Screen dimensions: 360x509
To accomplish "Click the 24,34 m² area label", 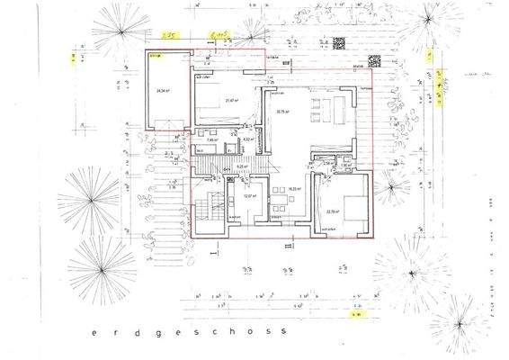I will point(163,92).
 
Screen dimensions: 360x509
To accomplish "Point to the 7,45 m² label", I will point(213,140).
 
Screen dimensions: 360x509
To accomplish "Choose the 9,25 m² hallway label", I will point(240,166).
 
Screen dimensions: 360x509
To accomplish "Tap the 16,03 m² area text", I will point(292,189).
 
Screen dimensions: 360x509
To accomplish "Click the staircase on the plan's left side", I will point(213,208).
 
